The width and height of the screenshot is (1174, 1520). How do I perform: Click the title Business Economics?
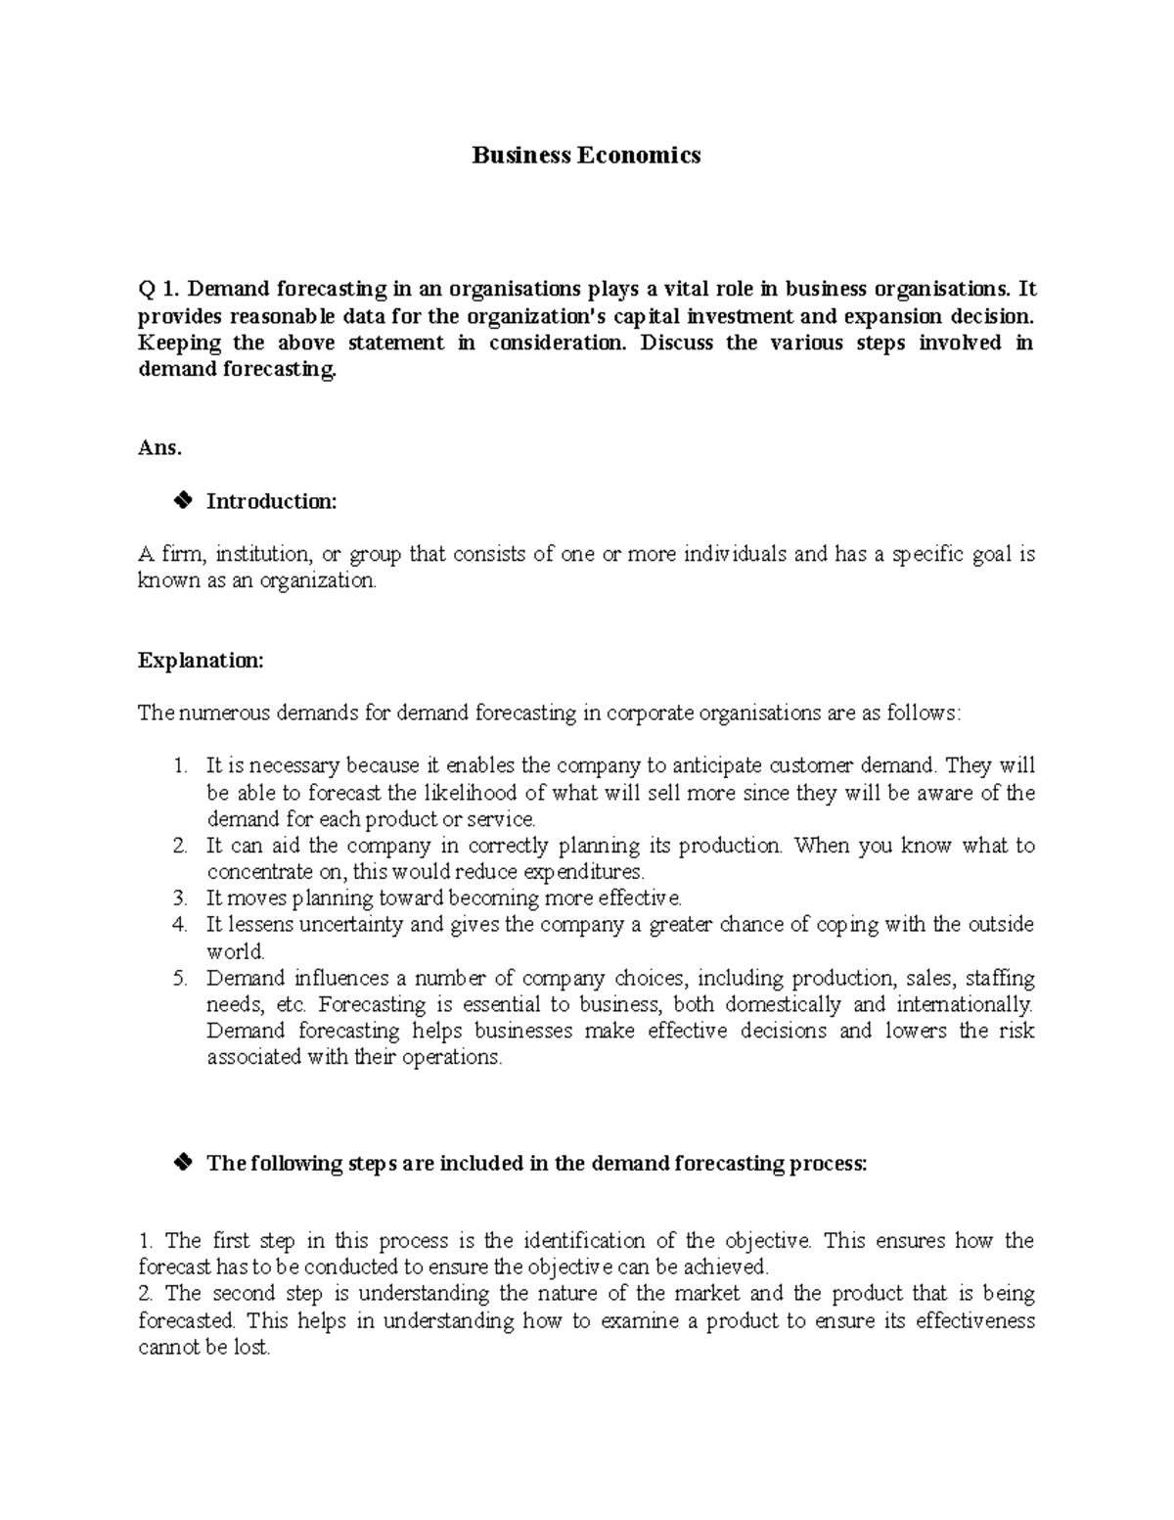point(586,155)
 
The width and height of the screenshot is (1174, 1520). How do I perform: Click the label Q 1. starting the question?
point(158,289)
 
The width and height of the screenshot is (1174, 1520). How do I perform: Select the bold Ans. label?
point(159,448)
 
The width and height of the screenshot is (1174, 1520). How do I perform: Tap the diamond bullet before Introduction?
point(180,501)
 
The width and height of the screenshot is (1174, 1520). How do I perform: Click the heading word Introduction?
point(271,502)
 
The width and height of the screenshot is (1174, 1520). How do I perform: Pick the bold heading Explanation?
point(201,661)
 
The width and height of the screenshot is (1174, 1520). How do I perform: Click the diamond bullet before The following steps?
point(180,1163)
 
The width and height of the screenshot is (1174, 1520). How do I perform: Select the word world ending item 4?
point(235,951)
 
